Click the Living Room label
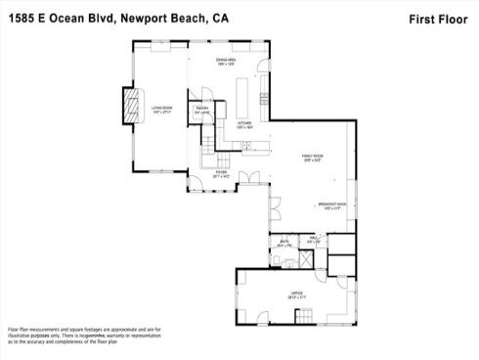coord(161,109)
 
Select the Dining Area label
coord(227,62)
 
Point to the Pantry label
coord(202,111)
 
